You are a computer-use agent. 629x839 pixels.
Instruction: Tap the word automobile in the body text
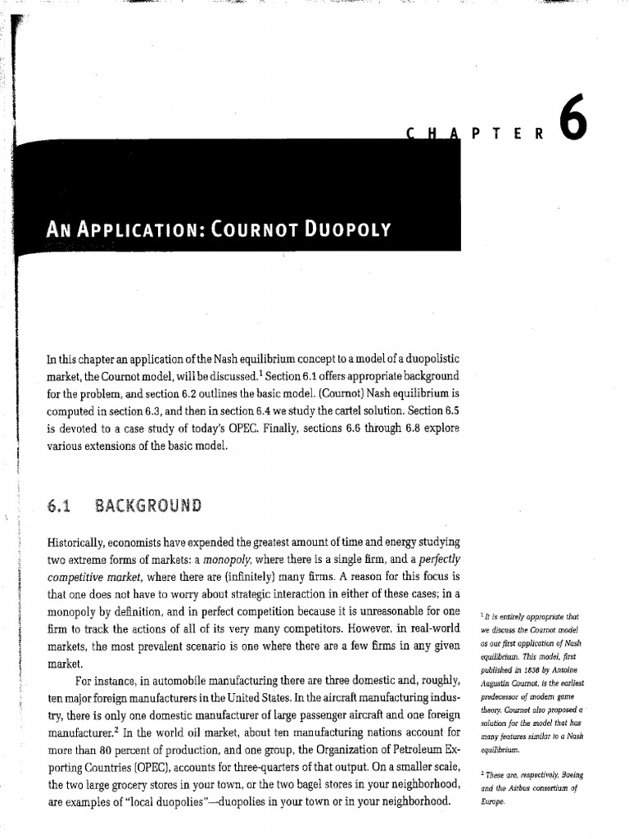tap(184, 680)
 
